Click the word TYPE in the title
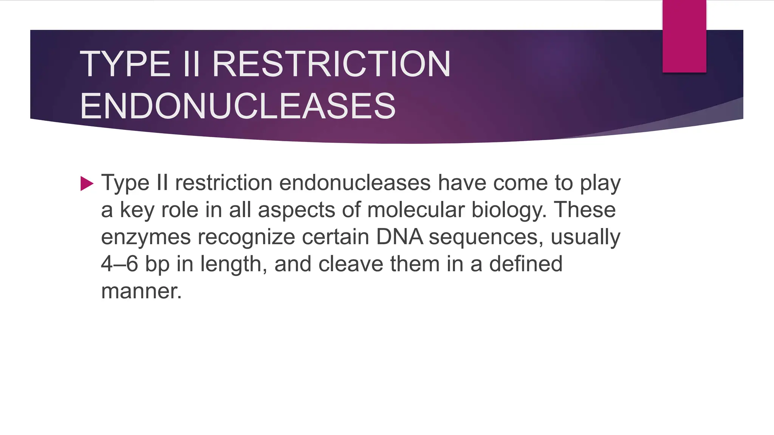coord(125,64)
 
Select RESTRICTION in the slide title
coord(331,64)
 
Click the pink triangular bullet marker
coord(87,184)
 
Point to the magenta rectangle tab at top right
coord(684,36)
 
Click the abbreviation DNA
coord(399,237)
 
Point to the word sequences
coord(486,238)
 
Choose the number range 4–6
coord(119,264)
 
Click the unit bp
coord(157,264)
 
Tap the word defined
coord(526,264)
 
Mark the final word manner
coord(141,291)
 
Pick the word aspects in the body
coord(296,210)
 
